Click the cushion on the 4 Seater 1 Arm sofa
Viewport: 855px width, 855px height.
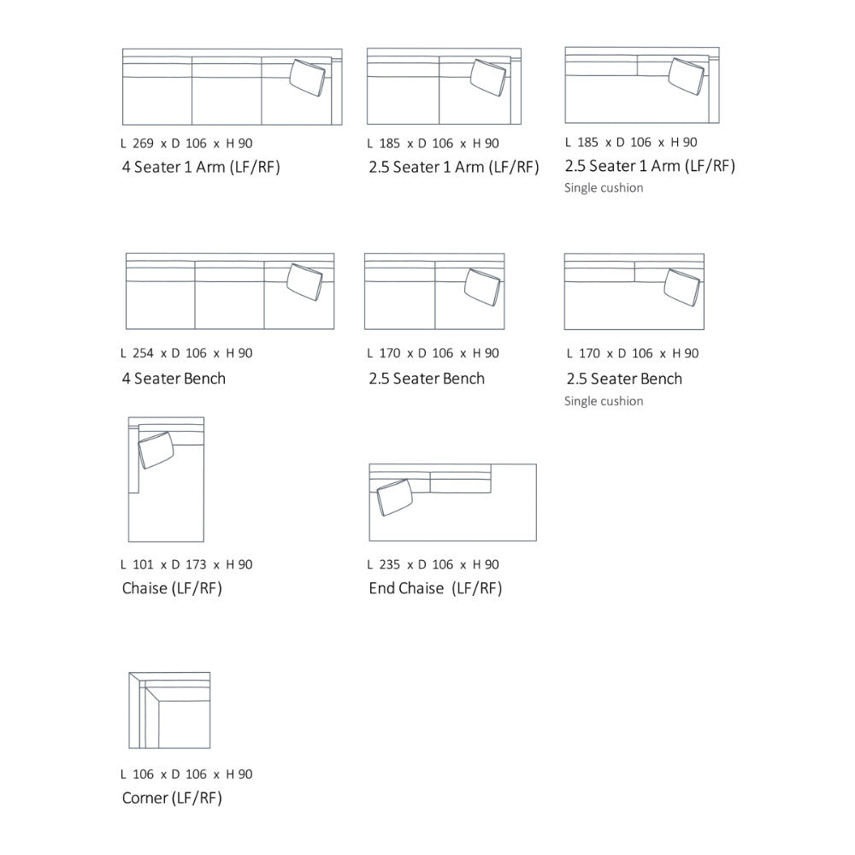coord(307,78)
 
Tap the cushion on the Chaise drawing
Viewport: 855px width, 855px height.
coord(156,450)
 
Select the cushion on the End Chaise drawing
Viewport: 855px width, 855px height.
coord(394,498)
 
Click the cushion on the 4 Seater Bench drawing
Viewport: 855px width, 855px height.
coord(304,282)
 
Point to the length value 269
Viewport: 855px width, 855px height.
coord(143,144)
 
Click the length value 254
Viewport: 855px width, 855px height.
coord(143,353)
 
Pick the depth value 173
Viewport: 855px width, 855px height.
coord(196,564)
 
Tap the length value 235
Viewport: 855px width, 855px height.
coord(389,564)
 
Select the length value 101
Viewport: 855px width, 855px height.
coord(143,564)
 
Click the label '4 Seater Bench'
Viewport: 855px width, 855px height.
coord(174,379)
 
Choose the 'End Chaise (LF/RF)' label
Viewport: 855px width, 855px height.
coord(435,588)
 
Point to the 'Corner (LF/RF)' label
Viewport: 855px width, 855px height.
coord(172,799)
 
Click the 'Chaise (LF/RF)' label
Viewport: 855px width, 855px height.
coord(172,588)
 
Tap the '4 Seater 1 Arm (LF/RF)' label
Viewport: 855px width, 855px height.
coord(201,167)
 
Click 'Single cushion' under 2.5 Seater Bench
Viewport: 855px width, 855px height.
coord(604,401)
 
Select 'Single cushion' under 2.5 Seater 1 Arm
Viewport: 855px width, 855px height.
coord(604,188)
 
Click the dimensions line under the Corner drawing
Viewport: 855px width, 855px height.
coord(186,775)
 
